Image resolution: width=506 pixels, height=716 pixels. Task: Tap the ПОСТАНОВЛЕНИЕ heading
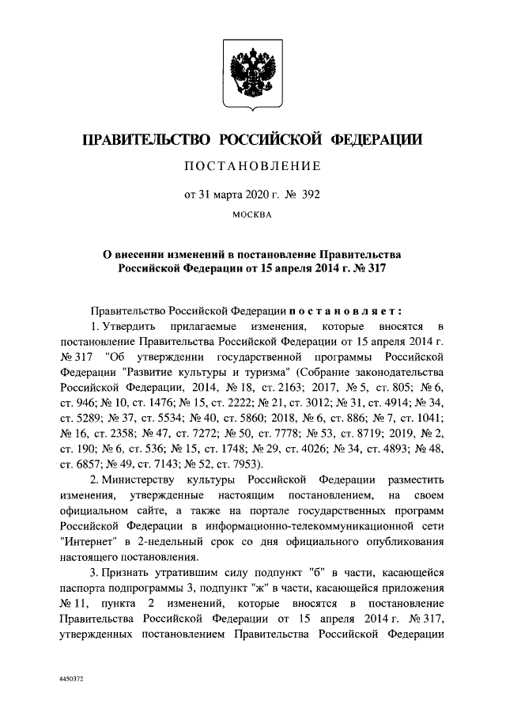(252, 166)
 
